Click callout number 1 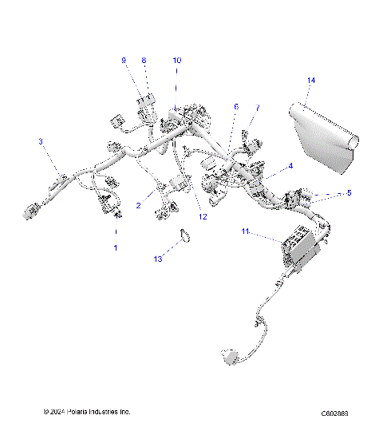click(x=115, y=248)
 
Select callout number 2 click(x=138, y=205)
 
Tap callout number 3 click(x=41, y=141)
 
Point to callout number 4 click(x=290, y=165)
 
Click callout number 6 click(x=235, y=106)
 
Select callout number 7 click(x=257, y=108)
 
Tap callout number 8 click(x=144, y=61)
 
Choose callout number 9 click(x=124, y=61)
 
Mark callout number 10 click(x=176, y=61)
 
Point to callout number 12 click(x=203, y=216)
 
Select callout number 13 click(x=157, y=259)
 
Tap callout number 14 click(x=311, y=81)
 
